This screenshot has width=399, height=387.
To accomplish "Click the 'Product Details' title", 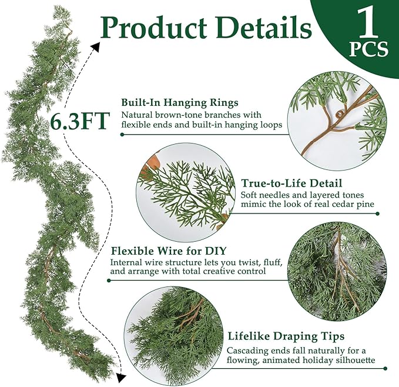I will pyautogui.click(x=199, y=28).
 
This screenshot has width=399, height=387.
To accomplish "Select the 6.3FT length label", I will pyautogui.click(x=79, y=121).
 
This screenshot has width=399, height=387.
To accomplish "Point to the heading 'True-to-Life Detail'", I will pyautogui.click(x=291, y=183).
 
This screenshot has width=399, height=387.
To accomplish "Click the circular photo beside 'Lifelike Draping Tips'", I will pyautogui.click(x=175, y=335).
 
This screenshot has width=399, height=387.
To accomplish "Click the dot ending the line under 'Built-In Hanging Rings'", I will pyautogui.click(x=122, y=134).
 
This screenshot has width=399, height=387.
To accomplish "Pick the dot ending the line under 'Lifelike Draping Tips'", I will pyautogui.click(x=385, y=369).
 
